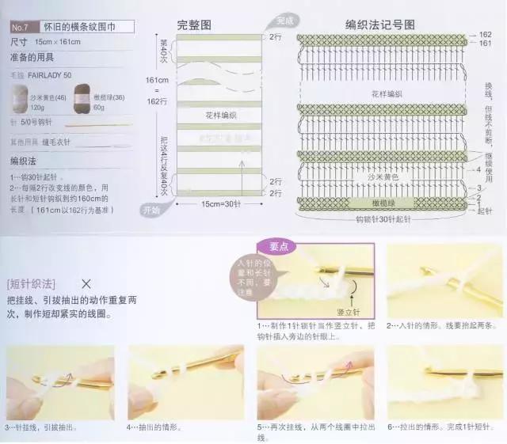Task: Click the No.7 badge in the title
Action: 20,26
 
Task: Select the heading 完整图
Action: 195,25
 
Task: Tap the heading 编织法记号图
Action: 381,25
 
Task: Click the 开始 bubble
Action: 151,211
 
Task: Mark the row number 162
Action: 485,35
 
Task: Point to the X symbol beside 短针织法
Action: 86,283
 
